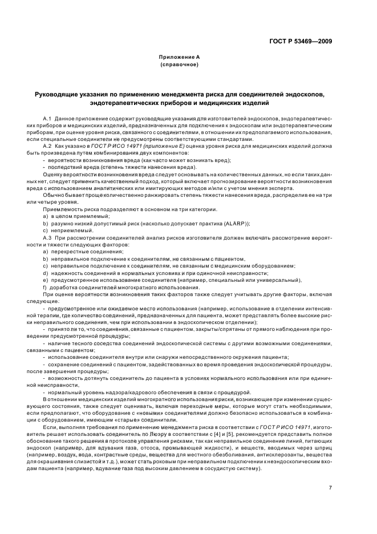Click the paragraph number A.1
[47, 118]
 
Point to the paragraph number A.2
[47, 147]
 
